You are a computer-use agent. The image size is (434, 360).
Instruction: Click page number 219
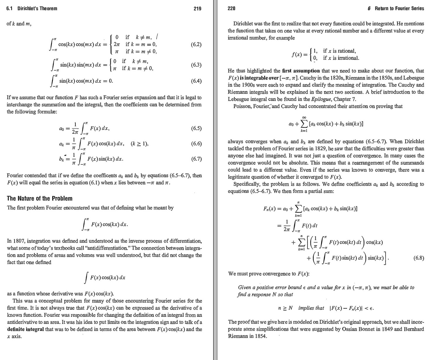[197, 8]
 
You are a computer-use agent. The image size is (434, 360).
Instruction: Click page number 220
[231, 8]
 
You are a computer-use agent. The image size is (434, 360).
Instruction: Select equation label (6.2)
[196, 44]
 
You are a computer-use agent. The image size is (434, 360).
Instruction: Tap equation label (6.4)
[196, 81]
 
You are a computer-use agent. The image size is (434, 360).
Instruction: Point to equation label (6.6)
[196, 144]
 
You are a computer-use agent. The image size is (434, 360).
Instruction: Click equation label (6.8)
[419, 258]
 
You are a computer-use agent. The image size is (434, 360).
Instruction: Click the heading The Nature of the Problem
[39, 199]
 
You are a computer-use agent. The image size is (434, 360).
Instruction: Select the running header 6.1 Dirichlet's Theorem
[32, 8]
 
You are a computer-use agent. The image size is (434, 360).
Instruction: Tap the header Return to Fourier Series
[399, 8]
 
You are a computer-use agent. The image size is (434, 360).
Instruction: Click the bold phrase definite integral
[26, 329]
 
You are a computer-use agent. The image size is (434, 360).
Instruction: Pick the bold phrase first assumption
[301, 71]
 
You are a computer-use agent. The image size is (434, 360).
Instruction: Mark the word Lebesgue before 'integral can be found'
[238, 99]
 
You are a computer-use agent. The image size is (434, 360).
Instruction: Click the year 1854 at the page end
[261, 336]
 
